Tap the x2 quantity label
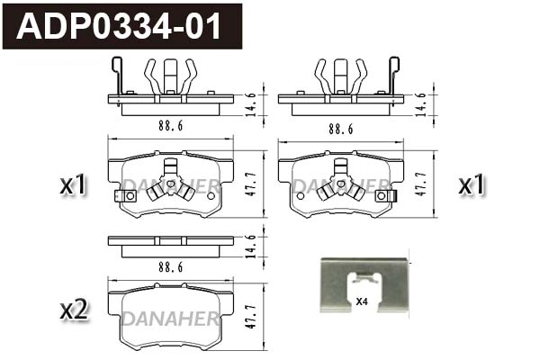[73, 310]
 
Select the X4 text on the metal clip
[362, 301]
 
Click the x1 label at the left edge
[73, 186]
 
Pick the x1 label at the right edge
[472, 186]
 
